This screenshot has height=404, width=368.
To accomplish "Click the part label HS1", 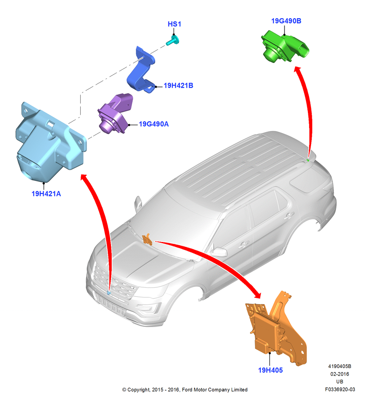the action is (x=174, y=24).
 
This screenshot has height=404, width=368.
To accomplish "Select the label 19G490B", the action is (x=286, y=21).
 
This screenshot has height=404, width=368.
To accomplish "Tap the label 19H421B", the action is (x=178, y=85).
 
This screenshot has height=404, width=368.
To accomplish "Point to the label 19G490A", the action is (x=154, y=124).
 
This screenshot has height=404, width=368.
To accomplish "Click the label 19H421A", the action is (x=46, y=194).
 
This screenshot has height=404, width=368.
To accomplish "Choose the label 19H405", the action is (x=270, y=370).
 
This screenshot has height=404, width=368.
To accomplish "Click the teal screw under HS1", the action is (x=172, y=41).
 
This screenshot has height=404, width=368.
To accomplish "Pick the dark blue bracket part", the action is (x=141, y=70).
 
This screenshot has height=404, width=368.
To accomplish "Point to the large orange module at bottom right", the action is (x=277, y=330).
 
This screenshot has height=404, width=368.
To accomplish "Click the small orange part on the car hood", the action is (x=147, y=239).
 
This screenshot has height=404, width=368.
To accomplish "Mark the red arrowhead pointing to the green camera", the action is (x=298, y=69).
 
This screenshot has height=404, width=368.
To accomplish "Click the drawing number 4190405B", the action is (x=339, y=366).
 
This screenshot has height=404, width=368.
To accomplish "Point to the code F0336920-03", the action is (x=340, y=389).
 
